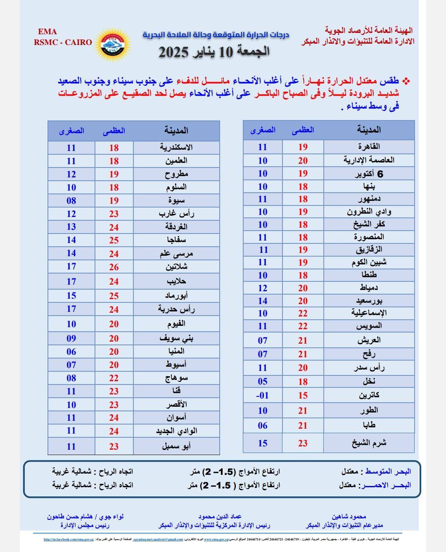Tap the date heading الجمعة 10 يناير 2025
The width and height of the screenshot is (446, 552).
point(214,52)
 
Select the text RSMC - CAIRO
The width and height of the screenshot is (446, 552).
point(63,42)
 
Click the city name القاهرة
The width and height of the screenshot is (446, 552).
point(369,146)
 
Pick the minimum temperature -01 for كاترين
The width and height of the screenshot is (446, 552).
point(263,395)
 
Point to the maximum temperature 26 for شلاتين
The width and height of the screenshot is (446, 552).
point(114,267)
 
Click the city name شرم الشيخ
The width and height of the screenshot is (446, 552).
point(369,443)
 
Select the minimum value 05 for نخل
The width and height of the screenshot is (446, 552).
point(263,381)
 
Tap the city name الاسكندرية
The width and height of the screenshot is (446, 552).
point(176,147)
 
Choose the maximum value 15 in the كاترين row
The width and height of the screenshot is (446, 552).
point(303,395)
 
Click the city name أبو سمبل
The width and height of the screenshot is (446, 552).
point(176,446)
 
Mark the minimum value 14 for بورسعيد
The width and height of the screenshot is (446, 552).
point(263,301)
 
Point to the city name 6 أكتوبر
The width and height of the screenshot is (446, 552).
point(369,174)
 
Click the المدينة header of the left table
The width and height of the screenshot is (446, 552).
point(176,131)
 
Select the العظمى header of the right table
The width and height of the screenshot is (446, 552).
point(303,130)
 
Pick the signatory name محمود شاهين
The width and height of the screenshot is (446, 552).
point(349,517)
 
